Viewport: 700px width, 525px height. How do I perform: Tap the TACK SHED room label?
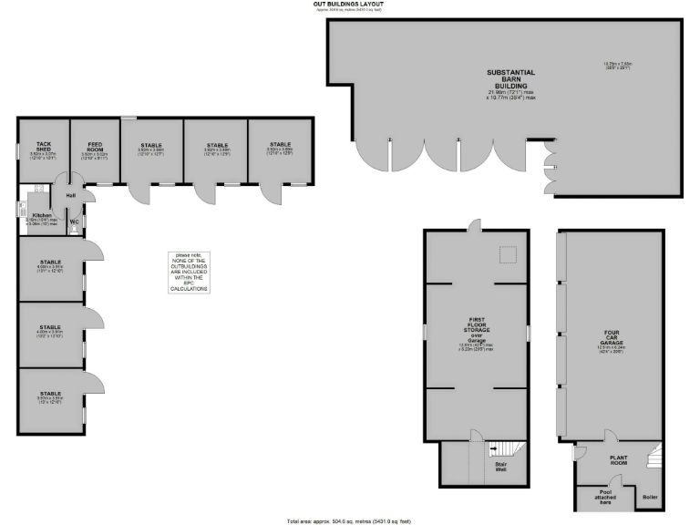click(x=43, y=147)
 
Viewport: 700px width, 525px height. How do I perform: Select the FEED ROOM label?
click(x=95, y=147)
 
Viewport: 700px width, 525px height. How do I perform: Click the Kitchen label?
click(x=42, y=216)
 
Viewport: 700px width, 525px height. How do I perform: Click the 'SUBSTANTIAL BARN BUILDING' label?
click(x=510, y=77)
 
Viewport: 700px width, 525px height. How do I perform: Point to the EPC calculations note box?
click(x=189, y=272)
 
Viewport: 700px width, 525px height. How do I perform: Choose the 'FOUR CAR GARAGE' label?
click(x=612, y=337)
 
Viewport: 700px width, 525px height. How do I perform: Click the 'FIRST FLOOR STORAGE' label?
click(x=478, y=327)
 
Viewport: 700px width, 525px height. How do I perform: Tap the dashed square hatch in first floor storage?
click(x=506, y=253)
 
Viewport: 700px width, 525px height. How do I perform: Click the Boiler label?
click(x=650, y=497)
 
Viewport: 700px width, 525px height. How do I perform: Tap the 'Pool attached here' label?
click(x=605, y=497)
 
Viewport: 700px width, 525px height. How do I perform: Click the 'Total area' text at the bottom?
click(x=350, y=520)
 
